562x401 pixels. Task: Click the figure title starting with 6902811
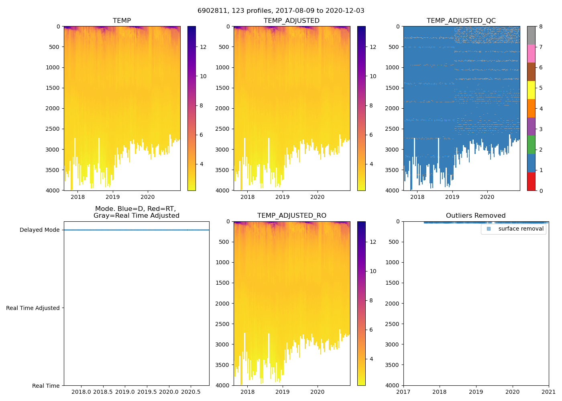[x=281, y=11]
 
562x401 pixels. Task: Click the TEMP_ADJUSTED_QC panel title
[x=461, y=21]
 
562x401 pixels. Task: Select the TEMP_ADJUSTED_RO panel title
[x=291, y=216]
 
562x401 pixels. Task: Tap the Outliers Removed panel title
[x=476, y=216]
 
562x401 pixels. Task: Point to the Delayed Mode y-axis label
[x=39, y=230]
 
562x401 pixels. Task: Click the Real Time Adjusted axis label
[x=33, y=308]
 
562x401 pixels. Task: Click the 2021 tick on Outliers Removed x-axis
[x=549, y=391]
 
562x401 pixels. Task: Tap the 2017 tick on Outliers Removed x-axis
[x=403, y=391]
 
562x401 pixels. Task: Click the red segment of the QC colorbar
[x=531, y=181]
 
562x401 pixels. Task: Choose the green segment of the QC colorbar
[x=531, y=145]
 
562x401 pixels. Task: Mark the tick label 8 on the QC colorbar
[x=541, y=27]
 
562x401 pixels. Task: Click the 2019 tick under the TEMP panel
[x=113, y=197]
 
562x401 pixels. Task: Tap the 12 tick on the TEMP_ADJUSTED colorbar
[x=373, y=47]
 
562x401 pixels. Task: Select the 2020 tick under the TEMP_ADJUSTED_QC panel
[x=487, y=197]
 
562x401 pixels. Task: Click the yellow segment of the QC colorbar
[x=531, y=90]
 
